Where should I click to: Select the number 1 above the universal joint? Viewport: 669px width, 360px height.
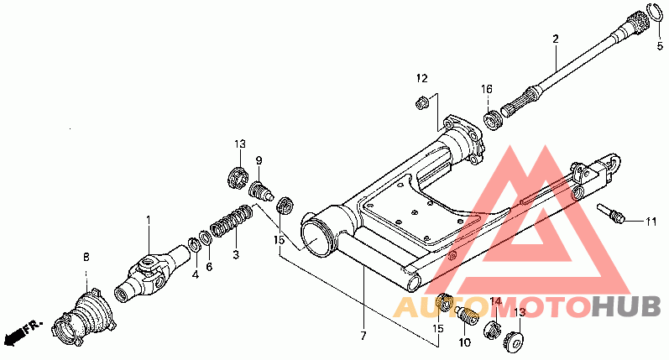149,220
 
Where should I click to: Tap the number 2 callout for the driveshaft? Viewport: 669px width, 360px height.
555,39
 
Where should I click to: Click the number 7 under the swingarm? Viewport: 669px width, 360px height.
363,337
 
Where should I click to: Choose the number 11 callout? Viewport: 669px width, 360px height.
651,222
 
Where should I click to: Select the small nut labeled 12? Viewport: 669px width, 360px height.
423,103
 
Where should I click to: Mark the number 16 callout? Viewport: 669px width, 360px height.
486,90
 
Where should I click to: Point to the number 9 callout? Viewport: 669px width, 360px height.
259,160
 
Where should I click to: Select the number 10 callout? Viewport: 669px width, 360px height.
464,342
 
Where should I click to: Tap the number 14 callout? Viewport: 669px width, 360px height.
494,301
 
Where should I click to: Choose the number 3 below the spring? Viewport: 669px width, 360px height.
236,253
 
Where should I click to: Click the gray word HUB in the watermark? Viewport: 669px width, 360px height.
624,307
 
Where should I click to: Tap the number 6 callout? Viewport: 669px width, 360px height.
209,266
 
